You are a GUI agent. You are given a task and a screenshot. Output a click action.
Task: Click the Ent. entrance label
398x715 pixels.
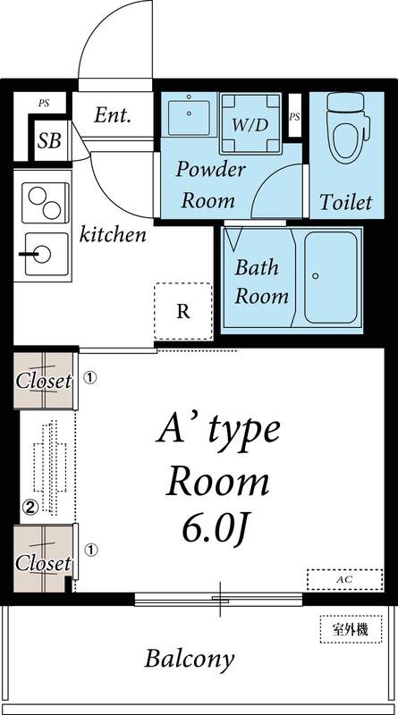[114, 115]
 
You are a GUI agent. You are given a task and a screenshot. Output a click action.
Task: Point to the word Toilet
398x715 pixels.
[345, 202]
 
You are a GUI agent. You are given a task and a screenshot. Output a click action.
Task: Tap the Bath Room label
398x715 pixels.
[261, 282]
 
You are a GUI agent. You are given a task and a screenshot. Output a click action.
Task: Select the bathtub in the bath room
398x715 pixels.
[330, 277]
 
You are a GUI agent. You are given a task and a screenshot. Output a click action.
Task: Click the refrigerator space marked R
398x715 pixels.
[183, 311]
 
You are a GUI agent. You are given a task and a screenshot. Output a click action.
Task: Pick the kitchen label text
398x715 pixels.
[113, 236]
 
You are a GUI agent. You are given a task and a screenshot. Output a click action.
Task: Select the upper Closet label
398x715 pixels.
[43, 380]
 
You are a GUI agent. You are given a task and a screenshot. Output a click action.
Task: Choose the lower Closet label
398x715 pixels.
[43, 563]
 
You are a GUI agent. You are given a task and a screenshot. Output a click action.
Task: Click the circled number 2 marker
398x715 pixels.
[30, 508]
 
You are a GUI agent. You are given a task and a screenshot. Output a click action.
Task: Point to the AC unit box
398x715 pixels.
[344, 579]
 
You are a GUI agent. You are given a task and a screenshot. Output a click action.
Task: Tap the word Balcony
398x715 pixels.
[190, 660]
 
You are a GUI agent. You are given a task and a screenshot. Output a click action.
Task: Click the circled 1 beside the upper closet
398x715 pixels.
[90, 378]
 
